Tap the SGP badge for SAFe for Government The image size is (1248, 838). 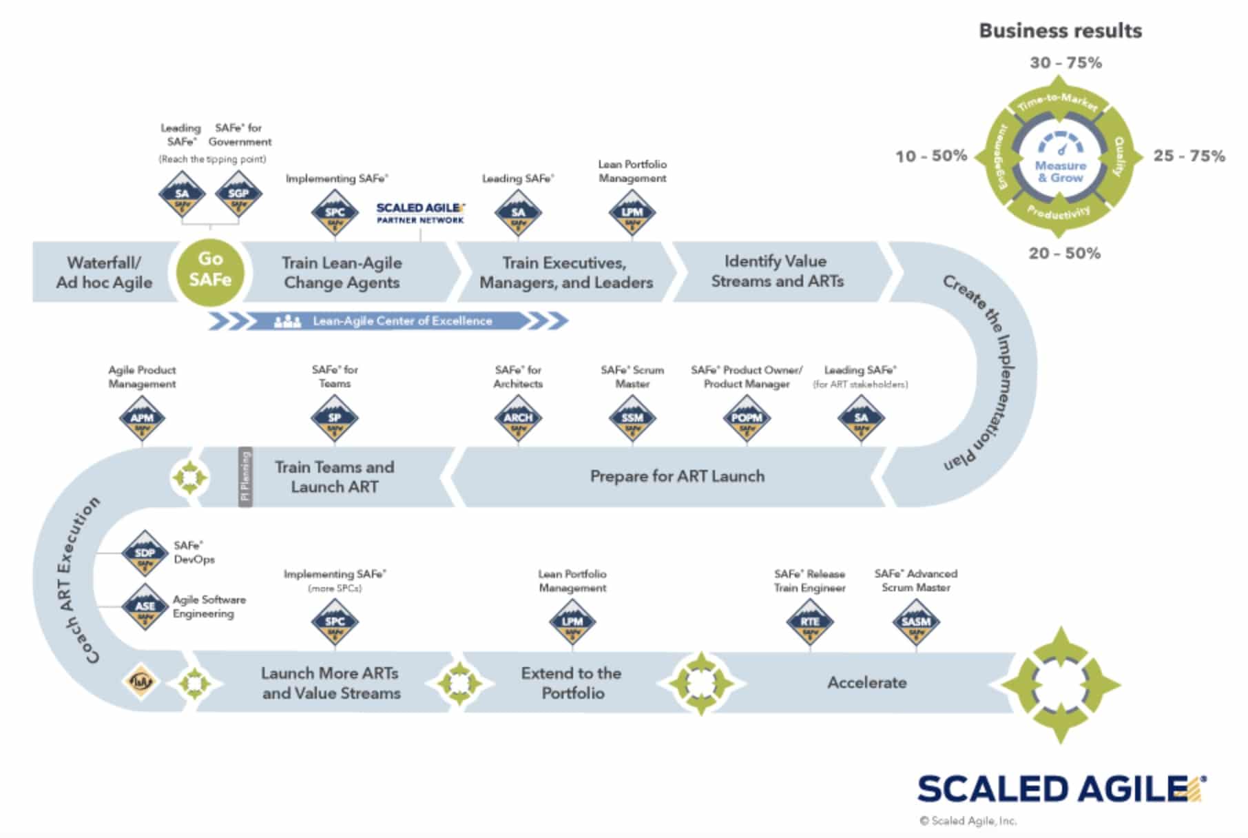point(238,195)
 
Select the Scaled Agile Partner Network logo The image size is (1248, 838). point(420,213)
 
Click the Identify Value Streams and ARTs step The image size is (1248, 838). point(777,271)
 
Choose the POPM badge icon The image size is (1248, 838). point(747,419)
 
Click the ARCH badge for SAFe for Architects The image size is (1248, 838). point(518,419)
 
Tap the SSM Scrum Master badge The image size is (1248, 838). point(632,419)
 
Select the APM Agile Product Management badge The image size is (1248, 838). point(142,419)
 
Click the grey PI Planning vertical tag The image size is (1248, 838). point(245,477)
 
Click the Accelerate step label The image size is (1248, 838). point(866,683)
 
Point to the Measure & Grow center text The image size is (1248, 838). point(1061,172)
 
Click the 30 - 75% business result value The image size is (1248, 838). point(1065,63)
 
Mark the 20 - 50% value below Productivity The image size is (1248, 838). point(1064,254)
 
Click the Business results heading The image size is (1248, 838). point(1060,31)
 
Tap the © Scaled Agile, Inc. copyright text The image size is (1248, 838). point(968,821)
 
